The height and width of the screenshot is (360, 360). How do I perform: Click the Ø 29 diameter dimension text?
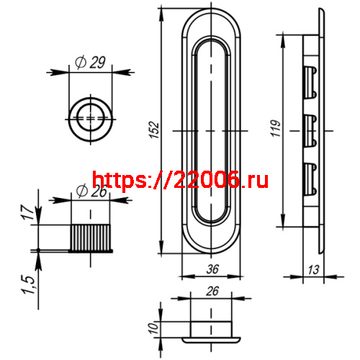tap(90, 63)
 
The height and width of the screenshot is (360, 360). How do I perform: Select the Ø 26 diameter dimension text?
tap(90, 192)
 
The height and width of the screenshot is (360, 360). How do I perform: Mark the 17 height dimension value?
tap(27, 213)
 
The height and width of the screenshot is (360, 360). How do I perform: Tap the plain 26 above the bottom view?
tap(212, 291)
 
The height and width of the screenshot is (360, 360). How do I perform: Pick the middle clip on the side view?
tap(310, 130)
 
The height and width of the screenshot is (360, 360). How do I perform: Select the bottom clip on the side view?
tap(310, 178)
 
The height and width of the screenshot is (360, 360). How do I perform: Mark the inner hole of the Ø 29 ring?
tap(90, 115)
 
